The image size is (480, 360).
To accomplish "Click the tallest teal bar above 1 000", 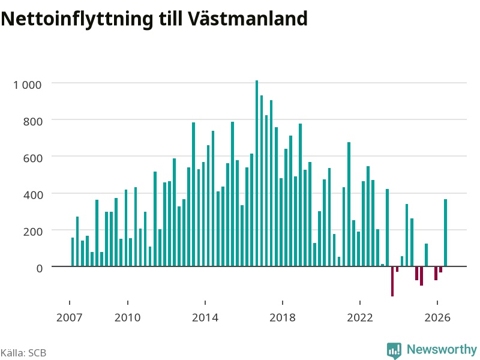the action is point(257,173).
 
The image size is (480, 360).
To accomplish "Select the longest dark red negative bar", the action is point(392,281).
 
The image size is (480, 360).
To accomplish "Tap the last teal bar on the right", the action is point(445,233).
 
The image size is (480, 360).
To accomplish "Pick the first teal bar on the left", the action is point(73,252).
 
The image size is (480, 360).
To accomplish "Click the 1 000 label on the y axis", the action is point(27,85).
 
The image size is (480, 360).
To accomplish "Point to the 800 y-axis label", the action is point(33,122).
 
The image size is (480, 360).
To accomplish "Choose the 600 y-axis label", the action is point(33,158).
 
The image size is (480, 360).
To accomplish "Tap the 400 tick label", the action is point(33,195).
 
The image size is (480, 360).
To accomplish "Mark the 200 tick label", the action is point(33,232).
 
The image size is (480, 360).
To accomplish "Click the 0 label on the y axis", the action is point(40,268).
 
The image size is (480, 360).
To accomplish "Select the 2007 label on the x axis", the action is point(70,317).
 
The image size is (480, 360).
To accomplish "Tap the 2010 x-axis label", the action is point(128,317).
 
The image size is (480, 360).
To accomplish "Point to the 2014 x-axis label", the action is point(205,317).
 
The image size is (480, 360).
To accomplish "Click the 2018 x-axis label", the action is point(283,317).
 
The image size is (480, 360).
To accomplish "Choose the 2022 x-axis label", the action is point(360,317).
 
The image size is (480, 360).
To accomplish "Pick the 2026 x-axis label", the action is point(437,317).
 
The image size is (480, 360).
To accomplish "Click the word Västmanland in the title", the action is point(247,19).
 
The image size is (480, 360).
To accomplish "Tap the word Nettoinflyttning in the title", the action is point(77,19).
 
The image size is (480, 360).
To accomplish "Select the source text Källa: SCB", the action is point(23,353).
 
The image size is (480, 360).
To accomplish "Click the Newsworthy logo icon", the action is point(394,350).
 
